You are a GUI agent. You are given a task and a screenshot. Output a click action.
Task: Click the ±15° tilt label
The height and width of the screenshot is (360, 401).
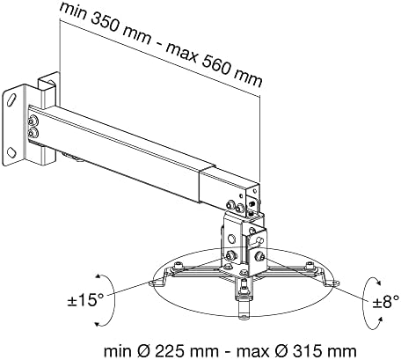tap(85, 300)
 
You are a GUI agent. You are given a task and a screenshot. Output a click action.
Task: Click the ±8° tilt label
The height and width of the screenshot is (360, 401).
tap(386, 301)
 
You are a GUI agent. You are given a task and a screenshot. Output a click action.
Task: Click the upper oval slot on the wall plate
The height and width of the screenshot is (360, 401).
tap(11, 100)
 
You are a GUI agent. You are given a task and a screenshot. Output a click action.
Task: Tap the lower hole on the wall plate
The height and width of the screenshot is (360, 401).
tap(11, 152)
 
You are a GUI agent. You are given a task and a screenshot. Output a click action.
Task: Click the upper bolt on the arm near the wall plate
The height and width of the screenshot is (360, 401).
tap(33, 121)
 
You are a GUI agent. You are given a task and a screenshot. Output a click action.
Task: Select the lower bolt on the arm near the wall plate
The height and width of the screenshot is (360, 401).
tap(33, 133)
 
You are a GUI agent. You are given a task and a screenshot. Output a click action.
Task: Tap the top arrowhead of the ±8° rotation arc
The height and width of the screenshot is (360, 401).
tap(378, 283)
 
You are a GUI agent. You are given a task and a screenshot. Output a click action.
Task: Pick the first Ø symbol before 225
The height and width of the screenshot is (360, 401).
tap(143, 351)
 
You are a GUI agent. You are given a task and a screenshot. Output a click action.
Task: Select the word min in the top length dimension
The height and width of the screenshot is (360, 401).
tap(72, 11)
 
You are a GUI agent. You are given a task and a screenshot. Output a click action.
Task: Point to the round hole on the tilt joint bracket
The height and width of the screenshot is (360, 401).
tap(231, 238)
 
